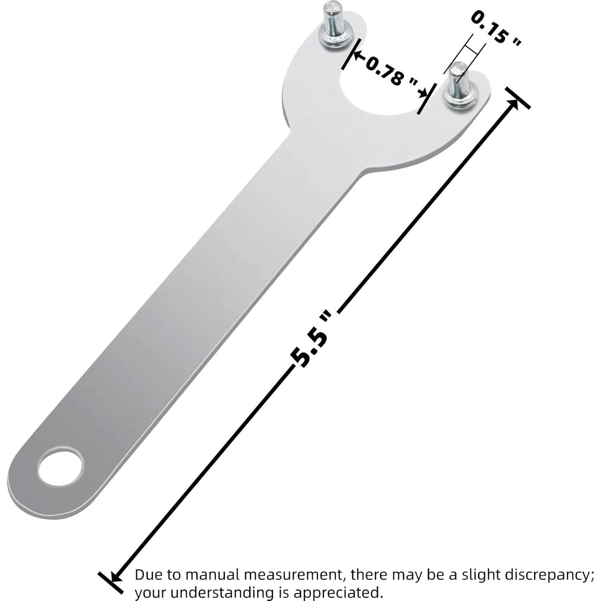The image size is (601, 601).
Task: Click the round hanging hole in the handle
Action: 61,468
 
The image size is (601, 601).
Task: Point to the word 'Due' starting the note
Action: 148,575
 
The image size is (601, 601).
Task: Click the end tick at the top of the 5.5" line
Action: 518,98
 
